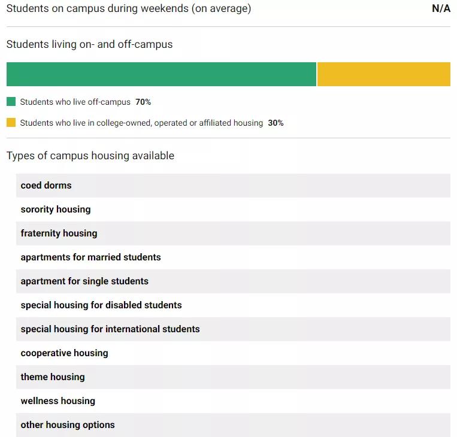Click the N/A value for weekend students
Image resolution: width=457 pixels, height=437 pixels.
click(x=441, y=9)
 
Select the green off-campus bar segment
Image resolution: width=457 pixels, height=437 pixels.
click(x=161, y=74)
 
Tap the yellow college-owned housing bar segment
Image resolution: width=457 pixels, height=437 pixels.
click(x=383, y=74)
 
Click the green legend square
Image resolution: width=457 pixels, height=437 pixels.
click(x=11, y=102)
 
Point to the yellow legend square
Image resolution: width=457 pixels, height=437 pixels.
click(x=11, y=123)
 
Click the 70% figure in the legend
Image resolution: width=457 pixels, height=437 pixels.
click(x=143, y=102)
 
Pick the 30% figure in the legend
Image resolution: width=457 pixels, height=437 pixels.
click(x=276, y=123)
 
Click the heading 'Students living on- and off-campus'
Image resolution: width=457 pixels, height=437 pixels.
click(x=89, y=44)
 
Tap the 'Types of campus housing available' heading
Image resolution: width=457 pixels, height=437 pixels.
click(x=90, y=156)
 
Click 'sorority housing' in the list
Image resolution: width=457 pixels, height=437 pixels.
click(x=56, y=210)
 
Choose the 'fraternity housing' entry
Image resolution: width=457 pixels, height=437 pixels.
click(x=59, y=233)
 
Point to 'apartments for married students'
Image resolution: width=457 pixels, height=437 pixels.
click(x=90, y=257)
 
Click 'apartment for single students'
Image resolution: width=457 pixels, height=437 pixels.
click(x=84, y=281)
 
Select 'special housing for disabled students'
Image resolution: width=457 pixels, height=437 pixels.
click(x=101, y=305)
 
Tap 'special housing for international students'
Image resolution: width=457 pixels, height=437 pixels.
click(x=110, y=329)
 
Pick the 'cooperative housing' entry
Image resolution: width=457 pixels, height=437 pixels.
click(x=64, y=353)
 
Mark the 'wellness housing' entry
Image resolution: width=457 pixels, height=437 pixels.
click(x=57, y=401)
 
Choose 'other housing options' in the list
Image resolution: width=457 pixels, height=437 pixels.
click(x=68, y=425)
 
